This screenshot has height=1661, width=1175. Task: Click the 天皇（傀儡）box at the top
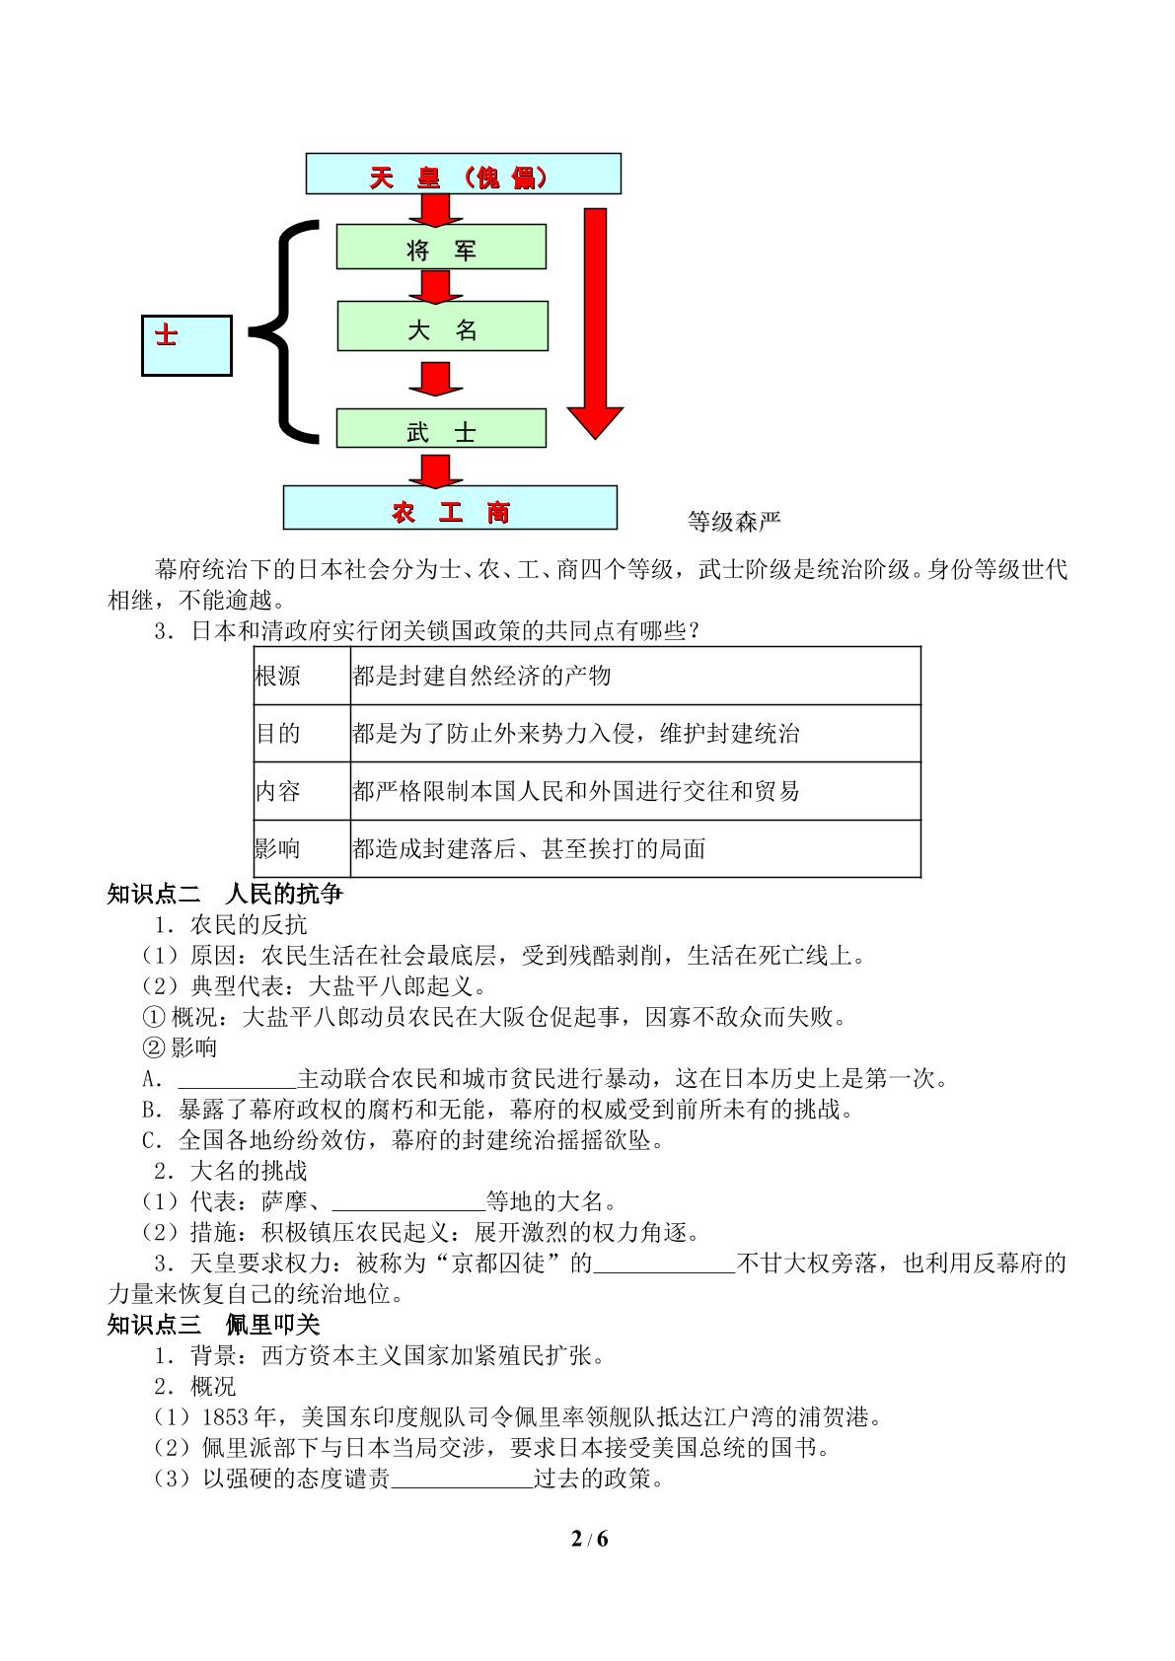click(463, 174)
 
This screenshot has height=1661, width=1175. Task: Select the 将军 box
click(441, 247)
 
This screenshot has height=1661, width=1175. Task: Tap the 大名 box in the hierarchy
click(443, 325)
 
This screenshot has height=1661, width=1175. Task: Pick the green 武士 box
click(441, 428)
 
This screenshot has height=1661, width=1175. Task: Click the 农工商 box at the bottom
click(450, 507)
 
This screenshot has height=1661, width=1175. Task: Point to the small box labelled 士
click(186, 345)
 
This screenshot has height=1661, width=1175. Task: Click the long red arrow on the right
click(595, 324)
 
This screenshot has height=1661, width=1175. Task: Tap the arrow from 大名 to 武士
click(436, 379)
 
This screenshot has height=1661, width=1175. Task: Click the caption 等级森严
click(734, 522)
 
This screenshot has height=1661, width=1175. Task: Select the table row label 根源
click(277, 676)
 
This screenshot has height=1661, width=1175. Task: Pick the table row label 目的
click(277, 734)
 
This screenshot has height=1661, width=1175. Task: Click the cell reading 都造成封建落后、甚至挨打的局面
click(529, 848)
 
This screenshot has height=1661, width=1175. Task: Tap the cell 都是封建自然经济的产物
click(481, 676)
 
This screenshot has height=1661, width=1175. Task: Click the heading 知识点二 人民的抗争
click(225, 895)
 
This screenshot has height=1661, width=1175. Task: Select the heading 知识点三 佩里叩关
click(213, 1325)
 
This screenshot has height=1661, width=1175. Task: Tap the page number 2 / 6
click(590, 1539)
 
